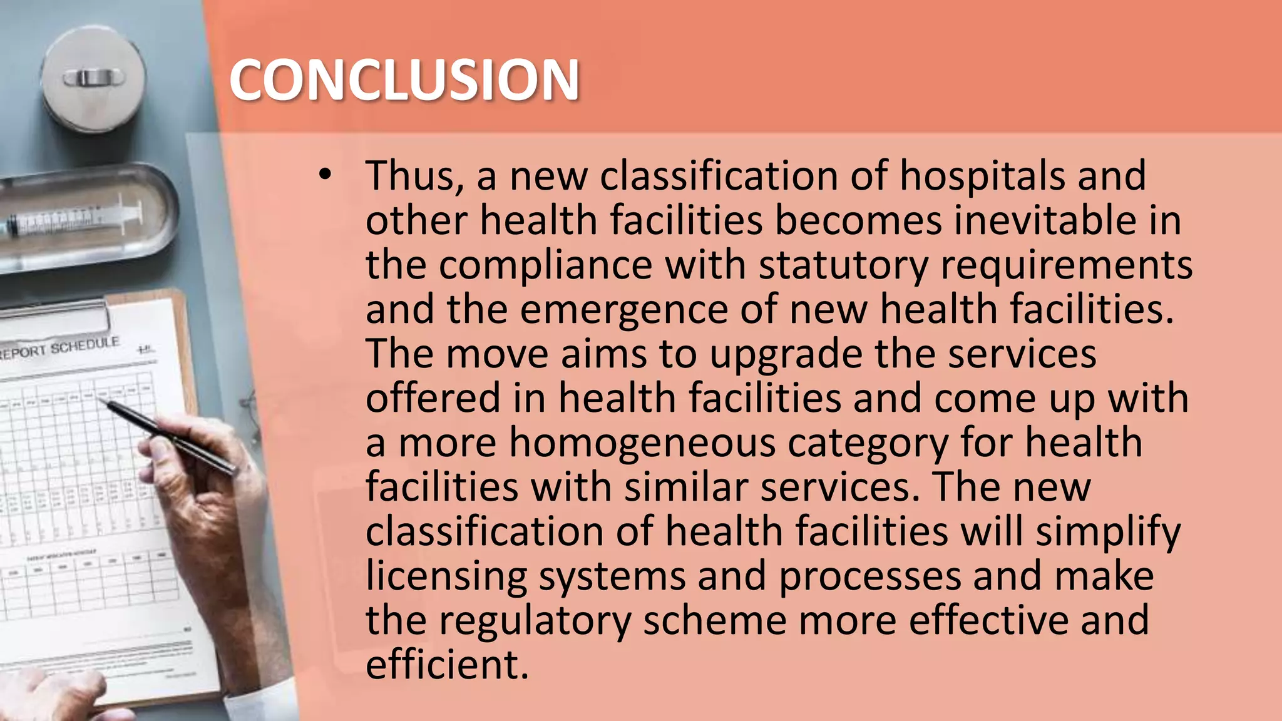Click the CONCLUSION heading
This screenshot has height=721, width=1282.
point(404,79)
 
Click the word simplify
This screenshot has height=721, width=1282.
point(1108,533)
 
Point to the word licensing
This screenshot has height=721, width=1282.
point(446,577)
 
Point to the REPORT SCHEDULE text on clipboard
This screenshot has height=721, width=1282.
point(59,348)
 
